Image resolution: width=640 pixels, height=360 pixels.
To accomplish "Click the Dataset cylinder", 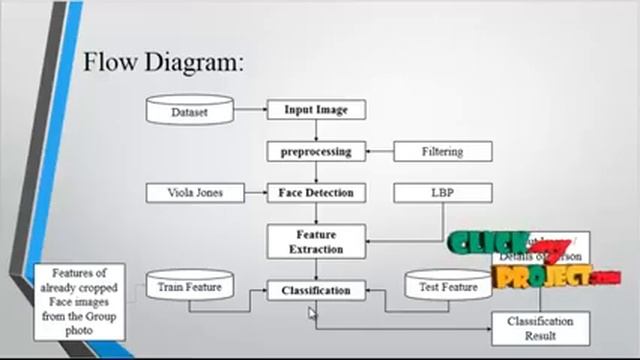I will (x=190, y=111).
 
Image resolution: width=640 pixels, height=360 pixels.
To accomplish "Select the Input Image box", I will (x=316, y=110).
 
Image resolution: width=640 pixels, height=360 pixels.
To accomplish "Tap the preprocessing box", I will (x=316, y=151).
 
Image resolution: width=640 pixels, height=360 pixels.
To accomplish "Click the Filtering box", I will (x=442, y=151).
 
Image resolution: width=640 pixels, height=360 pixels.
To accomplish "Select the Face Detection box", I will (x=316, y=192).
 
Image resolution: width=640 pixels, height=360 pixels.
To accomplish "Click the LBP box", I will (x=442, y=192).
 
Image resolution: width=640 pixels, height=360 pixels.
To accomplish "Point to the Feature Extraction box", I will (x=316, y=241).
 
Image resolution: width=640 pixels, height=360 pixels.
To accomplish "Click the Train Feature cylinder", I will (x=189, y=288).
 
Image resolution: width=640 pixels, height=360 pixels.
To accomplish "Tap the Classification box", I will (x=316, y=290).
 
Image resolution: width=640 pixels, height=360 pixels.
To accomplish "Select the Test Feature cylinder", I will (x=447, y=288).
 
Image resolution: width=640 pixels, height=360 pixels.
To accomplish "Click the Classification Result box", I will (x=540, y=328).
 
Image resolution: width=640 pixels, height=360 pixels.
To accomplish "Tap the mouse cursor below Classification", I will (x=312, y=313).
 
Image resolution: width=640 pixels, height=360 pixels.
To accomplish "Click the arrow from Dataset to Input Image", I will (x=250, y=111).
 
